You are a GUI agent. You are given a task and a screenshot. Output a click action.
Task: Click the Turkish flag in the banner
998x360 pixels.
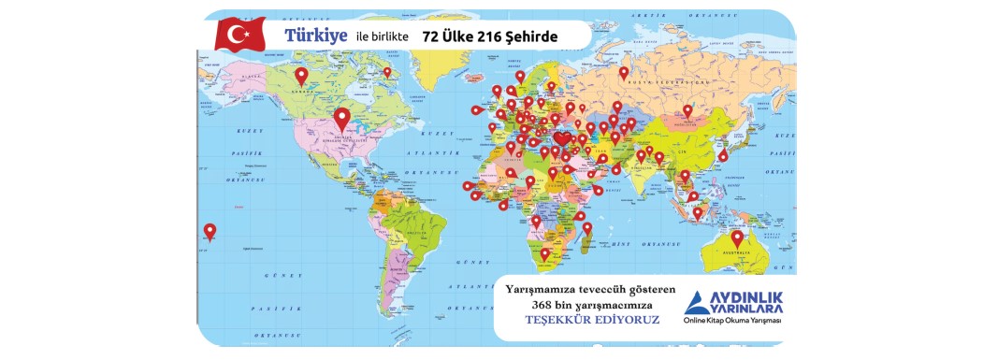pyautogui.click(x=240, y=36)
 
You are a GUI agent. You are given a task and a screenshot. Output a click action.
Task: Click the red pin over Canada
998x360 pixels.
pyautogui.click(x=301, y=77)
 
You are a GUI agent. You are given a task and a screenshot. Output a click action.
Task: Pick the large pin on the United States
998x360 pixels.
pyautogui.click(x=342, y=119)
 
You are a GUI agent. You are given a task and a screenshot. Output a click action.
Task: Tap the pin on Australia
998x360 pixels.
pyautogui.click(x=737, y=238)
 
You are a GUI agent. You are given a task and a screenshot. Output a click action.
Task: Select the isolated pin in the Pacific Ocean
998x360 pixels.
pyautogui.click(x=210, y=231)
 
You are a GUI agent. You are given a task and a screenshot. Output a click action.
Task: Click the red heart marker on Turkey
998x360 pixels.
pyautogui.click(x=561, y=140)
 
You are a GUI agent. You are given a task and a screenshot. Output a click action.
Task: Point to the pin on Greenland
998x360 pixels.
pyautogui.click(x=387, y=72)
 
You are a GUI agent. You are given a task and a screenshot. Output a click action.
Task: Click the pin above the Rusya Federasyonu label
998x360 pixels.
pyautogui.click(x=624, y=72)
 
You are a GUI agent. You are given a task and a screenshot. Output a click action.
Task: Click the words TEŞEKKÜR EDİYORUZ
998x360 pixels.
pyautogui.click(x=592, y=320)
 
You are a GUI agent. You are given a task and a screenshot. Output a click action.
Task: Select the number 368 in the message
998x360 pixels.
pyautogui.click(x=544, y=305)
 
